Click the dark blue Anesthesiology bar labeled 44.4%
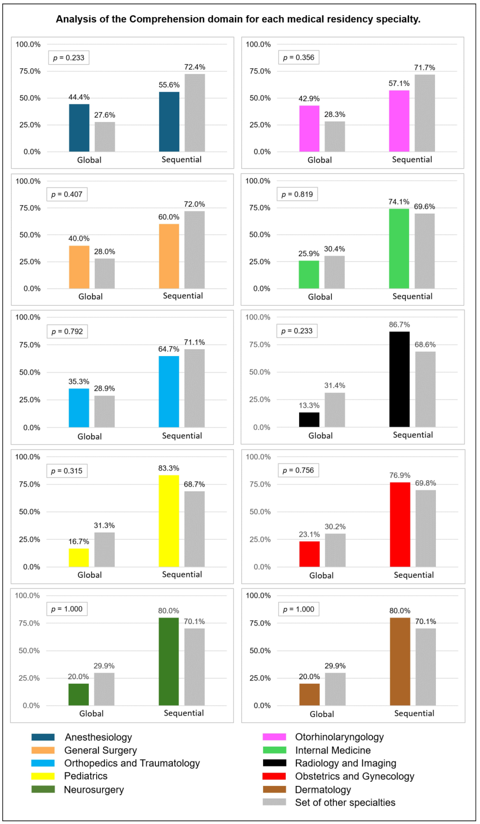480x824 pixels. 79,128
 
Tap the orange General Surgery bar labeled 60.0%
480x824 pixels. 169,256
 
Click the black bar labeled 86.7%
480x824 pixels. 399,379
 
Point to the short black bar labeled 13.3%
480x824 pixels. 309,420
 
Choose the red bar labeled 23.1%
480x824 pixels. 309,554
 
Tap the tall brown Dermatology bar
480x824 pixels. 400,662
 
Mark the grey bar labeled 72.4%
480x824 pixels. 195,113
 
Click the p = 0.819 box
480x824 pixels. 297,194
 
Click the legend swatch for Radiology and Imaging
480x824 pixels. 274,763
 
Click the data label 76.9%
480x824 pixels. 400,476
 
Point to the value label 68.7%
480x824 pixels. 194,484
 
